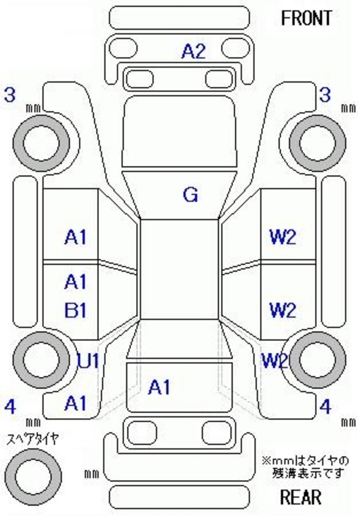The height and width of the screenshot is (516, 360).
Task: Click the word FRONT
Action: click(306, 18)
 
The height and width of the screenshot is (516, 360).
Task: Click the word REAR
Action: click(301, 496)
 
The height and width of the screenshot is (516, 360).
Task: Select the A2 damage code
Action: click(193, 52)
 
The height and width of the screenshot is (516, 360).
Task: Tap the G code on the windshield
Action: click(191, 195)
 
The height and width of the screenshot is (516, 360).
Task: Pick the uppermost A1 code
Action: click(76, 237)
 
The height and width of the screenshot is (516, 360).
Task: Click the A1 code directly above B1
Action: click(76, 282)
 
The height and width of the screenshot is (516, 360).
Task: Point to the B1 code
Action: click(76, 310)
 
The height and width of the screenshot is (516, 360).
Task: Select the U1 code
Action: click(88, 361)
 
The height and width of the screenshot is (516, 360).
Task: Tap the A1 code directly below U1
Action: click(76, 403)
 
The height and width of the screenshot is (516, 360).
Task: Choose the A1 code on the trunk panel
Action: click(160, 387)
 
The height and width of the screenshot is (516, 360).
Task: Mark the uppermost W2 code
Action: click(282, 237)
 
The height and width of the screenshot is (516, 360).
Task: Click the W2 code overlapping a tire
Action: click(275, 361)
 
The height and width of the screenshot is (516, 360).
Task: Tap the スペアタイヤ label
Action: click(33, 439)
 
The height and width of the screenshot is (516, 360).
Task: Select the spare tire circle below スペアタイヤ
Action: click(33, 476)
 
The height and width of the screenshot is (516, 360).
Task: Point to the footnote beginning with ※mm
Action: click(306, 467)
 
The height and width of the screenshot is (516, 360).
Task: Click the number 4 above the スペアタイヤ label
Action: click(10, 407)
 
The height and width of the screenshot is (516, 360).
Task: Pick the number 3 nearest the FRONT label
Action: click(325, 95)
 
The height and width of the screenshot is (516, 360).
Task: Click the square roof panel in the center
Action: click(180, 269)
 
